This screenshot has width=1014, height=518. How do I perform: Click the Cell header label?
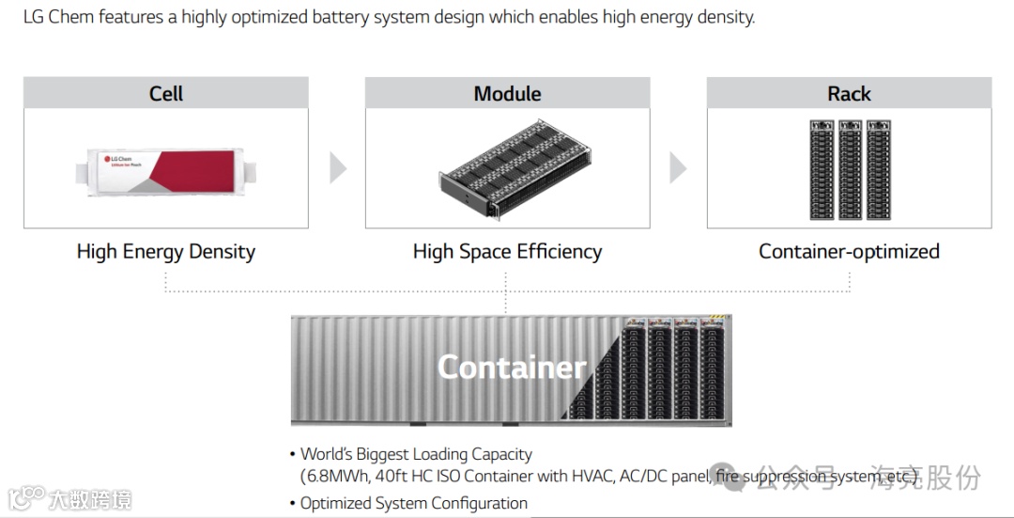pyautogui.click(x=166, y=94)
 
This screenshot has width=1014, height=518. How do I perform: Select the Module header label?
pyautogui.click(x=507, y=94)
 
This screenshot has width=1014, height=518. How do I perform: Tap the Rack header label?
pyautogui.click(x=849, y=94)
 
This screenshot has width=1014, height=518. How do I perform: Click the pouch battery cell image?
pyautogui.click(x=166, y=172)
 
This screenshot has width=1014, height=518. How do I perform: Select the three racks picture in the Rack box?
pyautogui.click(x=849, y=169)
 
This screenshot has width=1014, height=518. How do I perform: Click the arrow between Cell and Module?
pyautogui.click(x=338, y=168)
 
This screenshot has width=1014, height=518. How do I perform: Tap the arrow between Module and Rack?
pyautogui.click(x=678, y=168)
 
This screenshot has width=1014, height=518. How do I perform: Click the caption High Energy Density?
pyautogui.click(x=166, y=252)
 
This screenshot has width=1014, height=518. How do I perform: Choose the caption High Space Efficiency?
pyautogui.click(x=507, y=252)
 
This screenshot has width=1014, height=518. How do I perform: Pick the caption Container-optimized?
pyautogui.click(x=849, y=252)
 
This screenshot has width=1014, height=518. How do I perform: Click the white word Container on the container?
pyautogui.click(x=512, y=367)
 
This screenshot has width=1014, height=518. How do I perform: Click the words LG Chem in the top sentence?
pyautogui.click(x=54, y=17)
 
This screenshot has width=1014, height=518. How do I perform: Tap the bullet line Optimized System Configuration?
pyautogui.click(x=414, y=503)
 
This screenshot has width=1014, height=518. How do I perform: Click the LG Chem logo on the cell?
pyautogui.click(x=119, y=160)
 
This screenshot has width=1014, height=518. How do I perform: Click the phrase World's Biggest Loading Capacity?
pyautogui.click(x=416, y=454)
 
